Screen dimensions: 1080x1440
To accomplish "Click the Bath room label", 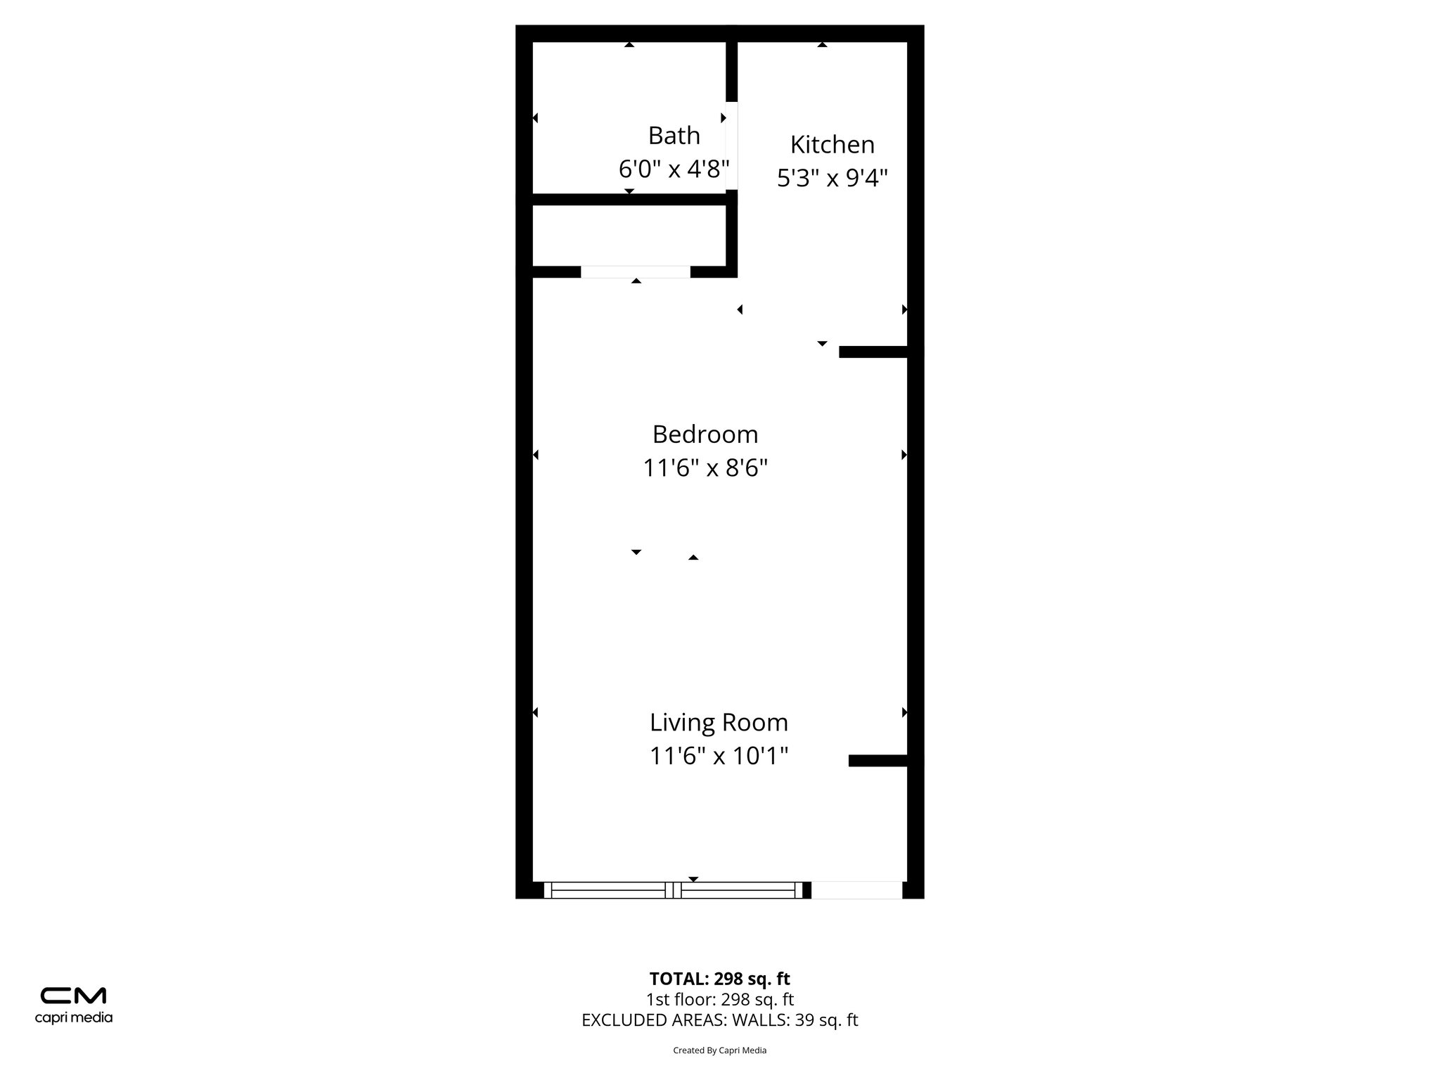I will point(674,135).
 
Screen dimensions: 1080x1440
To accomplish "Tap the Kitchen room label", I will point(832,144).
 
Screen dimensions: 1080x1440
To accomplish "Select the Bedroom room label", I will point(705,434).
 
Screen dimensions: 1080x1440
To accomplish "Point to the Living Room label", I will point(719,722).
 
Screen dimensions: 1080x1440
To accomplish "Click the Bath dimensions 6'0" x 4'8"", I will point(674,169).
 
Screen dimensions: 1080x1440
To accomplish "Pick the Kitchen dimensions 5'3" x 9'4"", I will point(832,178).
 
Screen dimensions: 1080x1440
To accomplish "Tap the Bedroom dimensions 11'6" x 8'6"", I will point(705,468).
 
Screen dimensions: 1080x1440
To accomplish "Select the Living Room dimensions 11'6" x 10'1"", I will point(719,756).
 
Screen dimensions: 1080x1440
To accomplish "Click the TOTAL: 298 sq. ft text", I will point(719,979).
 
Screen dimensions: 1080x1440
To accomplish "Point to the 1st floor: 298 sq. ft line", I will point(719,999).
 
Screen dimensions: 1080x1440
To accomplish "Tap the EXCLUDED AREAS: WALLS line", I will point(719,1020).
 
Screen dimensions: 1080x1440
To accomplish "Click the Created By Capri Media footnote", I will point(719,1050).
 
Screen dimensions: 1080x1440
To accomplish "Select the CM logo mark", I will point(73,996).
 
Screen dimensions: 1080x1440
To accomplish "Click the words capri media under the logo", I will point(73,1017).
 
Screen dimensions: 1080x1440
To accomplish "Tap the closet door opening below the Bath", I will point(636,272).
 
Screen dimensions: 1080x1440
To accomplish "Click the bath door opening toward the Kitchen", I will point(732,146).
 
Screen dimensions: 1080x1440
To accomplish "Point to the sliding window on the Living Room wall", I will point(674,890).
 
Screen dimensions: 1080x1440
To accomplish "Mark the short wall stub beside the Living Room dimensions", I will point(877,760).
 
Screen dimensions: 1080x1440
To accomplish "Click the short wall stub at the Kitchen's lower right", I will point(873,352).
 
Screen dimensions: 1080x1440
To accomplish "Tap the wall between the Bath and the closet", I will point(629,200).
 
